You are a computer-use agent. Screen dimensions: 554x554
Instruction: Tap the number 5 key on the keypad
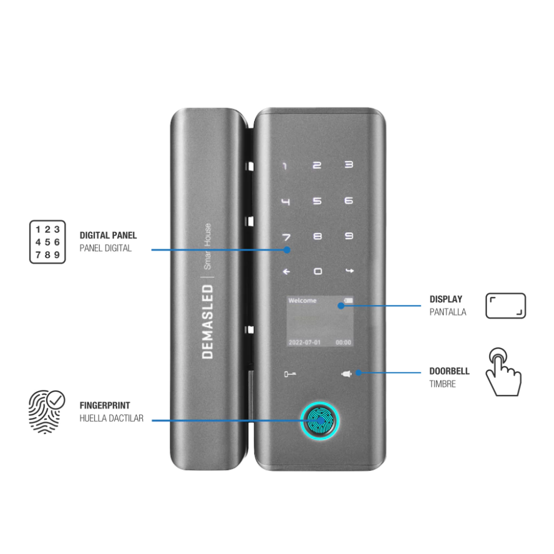pyautogui.click(x=317, y=201)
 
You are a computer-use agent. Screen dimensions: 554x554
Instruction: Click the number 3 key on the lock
pyautogui.click(x=348, y=165)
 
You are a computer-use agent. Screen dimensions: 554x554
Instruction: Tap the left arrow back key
pyautogui.click(x=286, y=271)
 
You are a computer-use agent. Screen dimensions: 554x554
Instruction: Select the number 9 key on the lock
pyautogui.click(x=348, y=235)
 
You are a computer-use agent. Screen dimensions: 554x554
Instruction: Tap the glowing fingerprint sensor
pyautogui.click(x=320, y=420)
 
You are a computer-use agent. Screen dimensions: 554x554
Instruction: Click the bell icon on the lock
pyautogui.click(x=346, y=374)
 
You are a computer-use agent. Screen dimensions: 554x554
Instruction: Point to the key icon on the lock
pyautogui.click(x=290, y=374)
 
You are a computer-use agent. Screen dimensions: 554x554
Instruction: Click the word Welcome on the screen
pyautogui.click(x=302, y=301)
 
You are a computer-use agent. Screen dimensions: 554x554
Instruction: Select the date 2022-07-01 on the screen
pyautogui.click(x=305, y=342)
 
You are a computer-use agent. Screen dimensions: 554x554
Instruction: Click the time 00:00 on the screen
pyautogui.click(x=343, y=342)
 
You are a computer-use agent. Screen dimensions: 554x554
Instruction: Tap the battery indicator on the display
pyautogui.click(x=348, y=300)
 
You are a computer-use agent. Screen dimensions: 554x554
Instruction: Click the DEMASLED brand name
pyautogui.click(x=207, y=322)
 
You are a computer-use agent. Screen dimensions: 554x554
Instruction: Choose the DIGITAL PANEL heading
pyautogui.click(x=108, y=235)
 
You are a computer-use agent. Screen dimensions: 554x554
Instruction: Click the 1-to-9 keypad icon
pyautogui.click(x=47, y=242)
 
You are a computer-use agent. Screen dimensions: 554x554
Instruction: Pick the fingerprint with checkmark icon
pyautogui.click(x=47, y=412)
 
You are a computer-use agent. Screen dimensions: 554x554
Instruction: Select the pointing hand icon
pyautogui.click(x=504, y=372)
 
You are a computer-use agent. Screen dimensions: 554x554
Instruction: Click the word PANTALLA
pyautogui.click(x=448, y=312)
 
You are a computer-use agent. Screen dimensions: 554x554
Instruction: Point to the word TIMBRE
pyautogui.click(x=442, y=384)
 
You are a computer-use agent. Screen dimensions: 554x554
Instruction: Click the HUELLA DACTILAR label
pyautogui.click(x=111, y=418)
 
